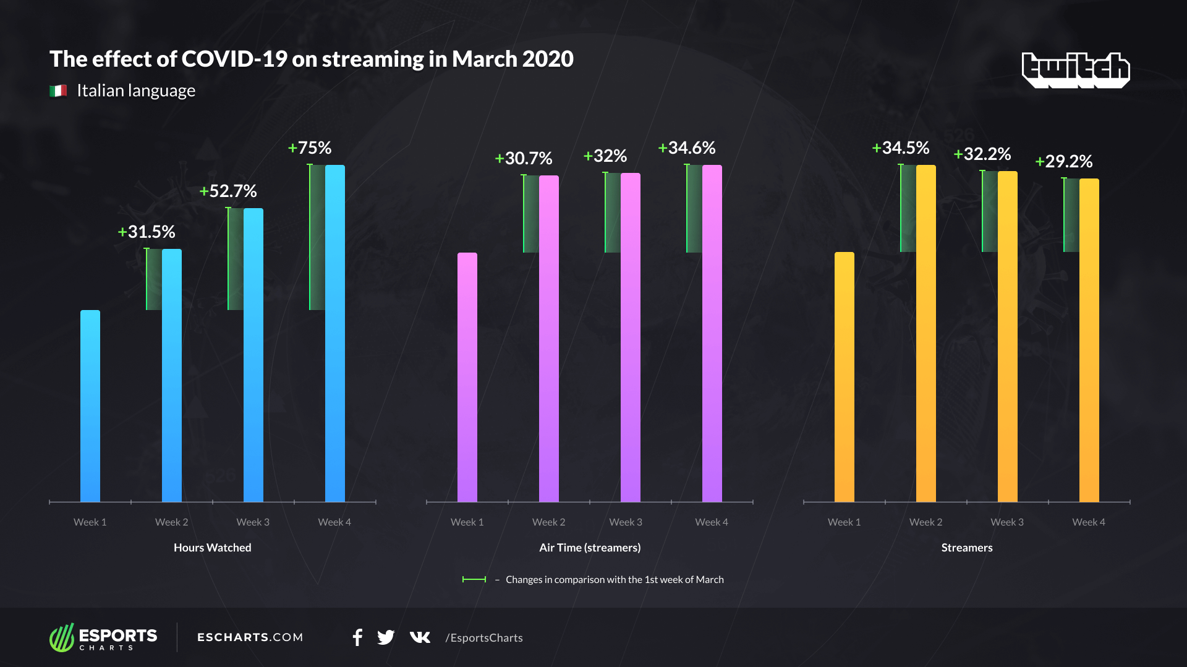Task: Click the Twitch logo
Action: click(1075, 69)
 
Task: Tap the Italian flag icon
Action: click(58, 91)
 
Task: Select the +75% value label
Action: click(310, 148)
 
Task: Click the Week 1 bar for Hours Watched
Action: click(90, 406)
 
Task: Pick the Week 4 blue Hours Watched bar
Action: click(334, 333)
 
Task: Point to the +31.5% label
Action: click(147, 232)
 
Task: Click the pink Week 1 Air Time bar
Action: click(467, 377)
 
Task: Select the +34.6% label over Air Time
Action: click(687, 148)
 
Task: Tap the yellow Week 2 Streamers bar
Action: click(925, 333)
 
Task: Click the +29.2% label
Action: click(1064, 162)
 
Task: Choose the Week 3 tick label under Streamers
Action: click(1007, 522)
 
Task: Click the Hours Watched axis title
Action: click(213, 548)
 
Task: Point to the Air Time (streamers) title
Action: click(590, 548)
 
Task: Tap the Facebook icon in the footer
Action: click(357, 637)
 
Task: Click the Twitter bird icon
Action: click(386, 637)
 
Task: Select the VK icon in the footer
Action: click(420, 637)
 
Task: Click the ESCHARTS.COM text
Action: click(250, 637)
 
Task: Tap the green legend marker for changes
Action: click(474, 579)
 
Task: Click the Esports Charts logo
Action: click(103, 637)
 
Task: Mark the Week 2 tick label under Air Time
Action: click(549, 522)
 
